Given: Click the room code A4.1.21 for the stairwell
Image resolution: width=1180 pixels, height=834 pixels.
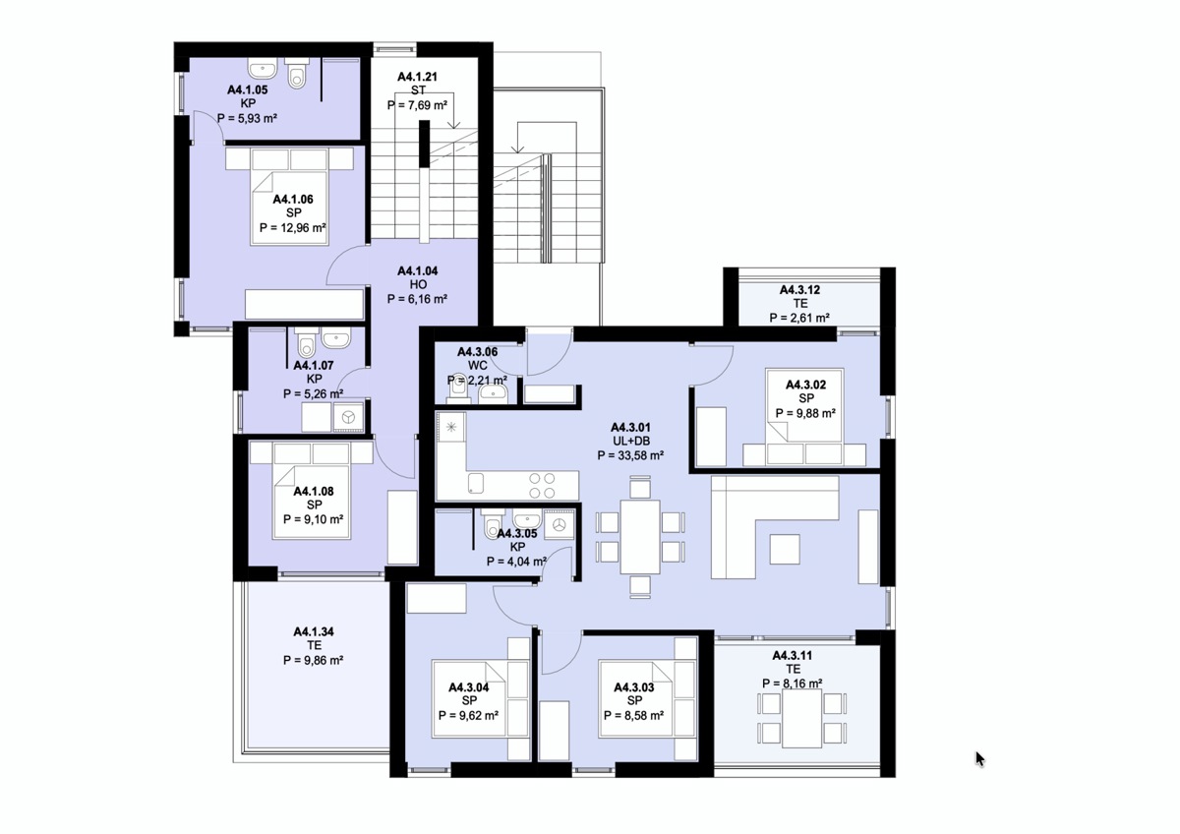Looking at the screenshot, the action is pyautogui.click(x=417, y=77).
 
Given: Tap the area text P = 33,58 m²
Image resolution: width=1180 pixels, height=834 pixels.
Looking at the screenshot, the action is pyautogui.click(x=630, y=455).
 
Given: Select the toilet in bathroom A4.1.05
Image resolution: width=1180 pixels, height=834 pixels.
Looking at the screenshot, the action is pyautogui.click(x=297, y=73).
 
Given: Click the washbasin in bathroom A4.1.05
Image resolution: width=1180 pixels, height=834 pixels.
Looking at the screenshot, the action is pyautogui.click(x=263, y=68).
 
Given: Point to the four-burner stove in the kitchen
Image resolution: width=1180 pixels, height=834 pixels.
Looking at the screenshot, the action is pyautogui.click(x=542, y=485).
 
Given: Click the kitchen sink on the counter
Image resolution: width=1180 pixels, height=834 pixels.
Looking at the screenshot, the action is pyautogui.click(x=476, y=483).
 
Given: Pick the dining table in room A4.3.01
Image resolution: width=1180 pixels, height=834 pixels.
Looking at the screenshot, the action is pyautogui.click(x=640, y=537).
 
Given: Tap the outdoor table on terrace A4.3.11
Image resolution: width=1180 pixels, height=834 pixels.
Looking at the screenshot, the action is pyautogui.click(x=801, y=718).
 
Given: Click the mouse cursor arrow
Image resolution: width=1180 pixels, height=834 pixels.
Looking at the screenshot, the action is pyautogui.click(x=979, y=759).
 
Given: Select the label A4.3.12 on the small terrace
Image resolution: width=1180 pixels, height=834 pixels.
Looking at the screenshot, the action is pyautogui.click(x=799, y=290).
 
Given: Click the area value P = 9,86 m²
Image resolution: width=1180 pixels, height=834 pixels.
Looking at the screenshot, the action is pyautogui.click(x=314, y=660).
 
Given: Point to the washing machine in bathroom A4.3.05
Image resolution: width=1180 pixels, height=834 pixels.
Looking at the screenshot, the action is pyautogui.click(x=559, y=524).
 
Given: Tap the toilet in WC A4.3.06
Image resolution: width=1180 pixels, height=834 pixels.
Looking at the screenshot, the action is pyautogui.click(x=458, y=387).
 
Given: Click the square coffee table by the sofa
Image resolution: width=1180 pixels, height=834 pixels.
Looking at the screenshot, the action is pyautogui.click(x=785, y=549).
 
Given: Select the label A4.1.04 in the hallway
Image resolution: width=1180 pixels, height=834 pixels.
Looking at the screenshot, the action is pyautogui.click(x=417, y=271).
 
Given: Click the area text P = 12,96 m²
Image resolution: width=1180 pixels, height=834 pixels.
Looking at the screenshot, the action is pyautogui.click(x=292, y=228).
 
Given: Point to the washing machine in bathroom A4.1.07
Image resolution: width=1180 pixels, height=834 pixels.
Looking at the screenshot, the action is pyautogui.click(x=348, y=418).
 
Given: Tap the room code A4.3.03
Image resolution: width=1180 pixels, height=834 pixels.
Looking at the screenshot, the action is pyautogui.click(x=634, y=687).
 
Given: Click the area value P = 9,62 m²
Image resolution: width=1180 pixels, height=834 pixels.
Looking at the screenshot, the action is pyautogui.click(x=468, y=715).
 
